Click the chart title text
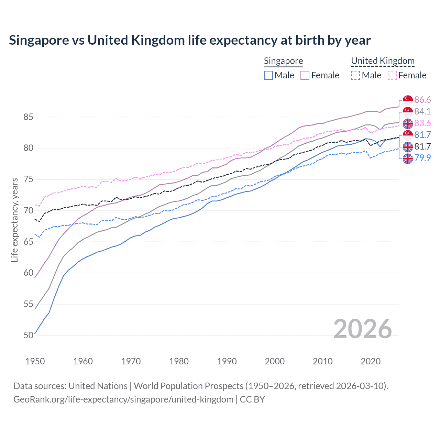pos(190,40)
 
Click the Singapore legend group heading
pos(283,61)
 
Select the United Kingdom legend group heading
pos(383,61)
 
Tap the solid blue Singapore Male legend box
pos(268,75)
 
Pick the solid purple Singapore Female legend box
pos(305,75)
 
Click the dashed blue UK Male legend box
pos(355,75)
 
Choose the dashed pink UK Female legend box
pos(392,75)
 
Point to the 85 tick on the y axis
pos(28,117)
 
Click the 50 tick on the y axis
pos(28,335)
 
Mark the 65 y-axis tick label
pos(28,242)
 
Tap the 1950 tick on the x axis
pos(35,361)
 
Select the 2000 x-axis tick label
pos(275,361)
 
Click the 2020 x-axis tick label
pos(371,361)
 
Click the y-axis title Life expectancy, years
pos(14,220)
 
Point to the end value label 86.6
pos(422,100)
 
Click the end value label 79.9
pos(422,158)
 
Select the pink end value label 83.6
pos(422,123)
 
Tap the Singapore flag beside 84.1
pos(408,111)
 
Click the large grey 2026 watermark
pos(362,329)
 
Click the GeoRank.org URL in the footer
pos(123,399)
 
